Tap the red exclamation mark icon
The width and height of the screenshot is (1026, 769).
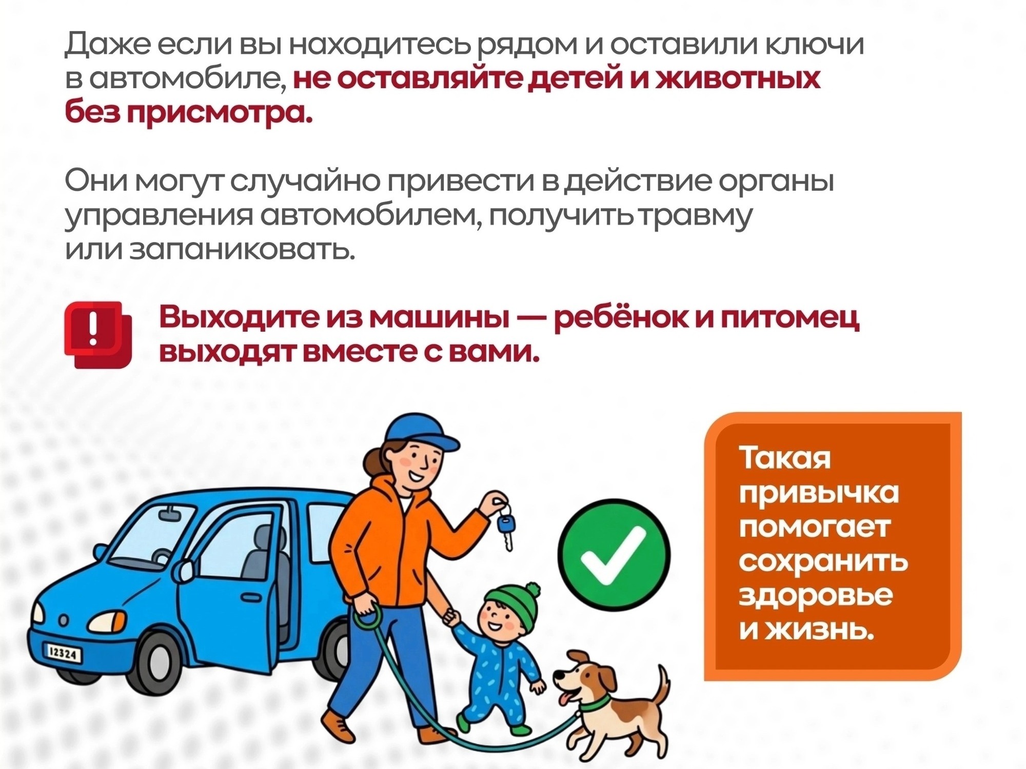click(97, 334)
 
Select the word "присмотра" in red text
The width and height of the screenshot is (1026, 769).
click(220, 113)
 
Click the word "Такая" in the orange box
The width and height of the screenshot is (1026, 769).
click(784, 458)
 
